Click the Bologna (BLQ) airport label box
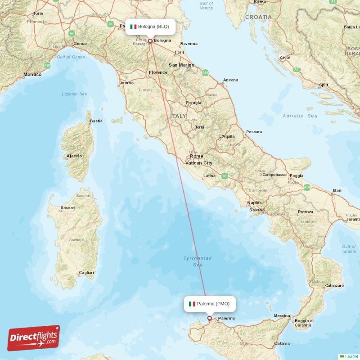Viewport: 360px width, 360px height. point(150,27)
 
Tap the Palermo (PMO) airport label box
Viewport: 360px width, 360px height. point(210,304)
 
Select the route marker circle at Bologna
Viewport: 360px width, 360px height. point(150,41)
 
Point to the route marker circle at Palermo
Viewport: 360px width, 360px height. point(209,318)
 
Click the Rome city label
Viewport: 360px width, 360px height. point(196,156)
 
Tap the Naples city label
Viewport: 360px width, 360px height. point(254,203)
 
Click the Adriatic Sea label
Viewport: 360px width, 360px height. point(300,116)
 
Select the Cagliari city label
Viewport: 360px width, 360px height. point(86,273)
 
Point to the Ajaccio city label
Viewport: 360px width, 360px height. point(74,156)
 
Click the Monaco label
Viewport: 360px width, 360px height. point(32,74)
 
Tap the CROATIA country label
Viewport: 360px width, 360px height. point(258,17)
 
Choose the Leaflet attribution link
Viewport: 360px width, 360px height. point(351,356)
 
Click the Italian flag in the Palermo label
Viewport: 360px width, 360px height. point(192,304)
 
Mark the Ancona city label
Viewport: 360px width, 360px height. point(231,80)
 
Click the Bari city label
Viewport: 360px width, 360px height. point(337,191)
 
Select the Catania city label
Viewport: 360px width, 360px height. point(282,344)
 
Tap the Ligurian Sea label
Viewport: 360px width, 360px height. point(74,94)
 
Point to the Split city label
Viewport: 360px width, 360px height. point(323,85)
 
